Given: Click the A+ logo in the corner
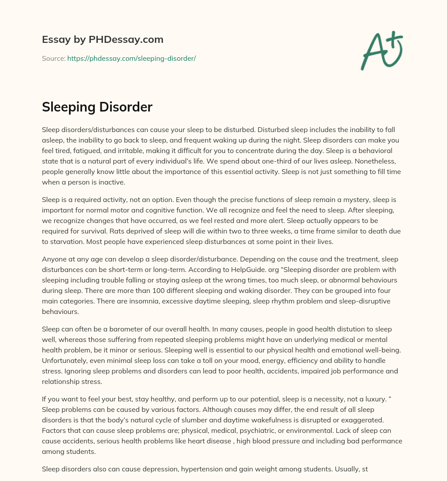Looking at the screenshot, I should (381, 50).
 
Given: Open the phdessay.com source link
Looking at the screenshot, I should (131, 58).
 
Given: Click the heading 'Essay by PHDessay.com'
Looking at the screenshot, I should (103, 40).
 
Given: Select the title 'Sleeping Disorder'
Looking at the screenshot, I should (97, 107).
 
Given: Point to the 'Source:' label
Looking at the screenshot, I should (54, 58).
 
